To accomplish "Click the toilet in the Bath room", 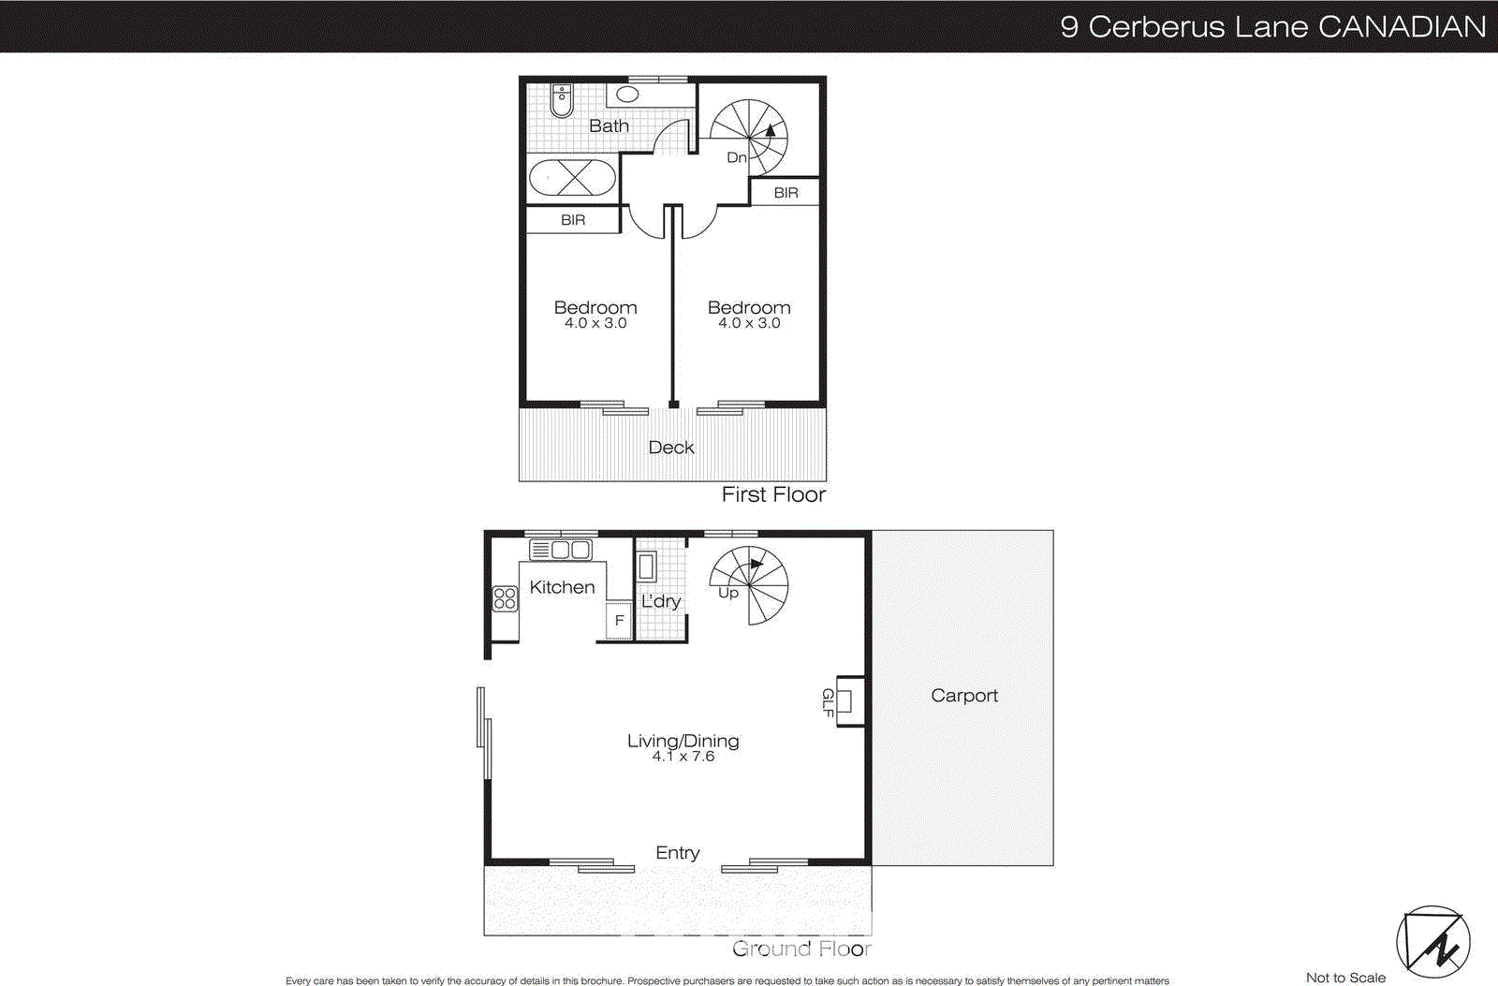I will pos(561,100).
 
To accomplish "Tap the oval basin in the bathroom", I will pos(627,94).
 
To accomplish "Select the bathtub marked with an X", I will pos(572,177).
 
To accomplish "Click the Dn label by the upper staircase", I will pos(737,157).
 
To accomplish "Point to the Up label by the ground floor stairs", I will pos(728,593).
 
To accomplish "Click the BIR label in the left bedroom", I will pos(573,220).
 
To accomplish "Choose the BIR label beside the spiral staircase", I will pos(786,193).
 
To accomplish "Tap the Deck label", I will pos(671,448).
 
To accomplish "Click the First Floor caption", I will pos(773,494).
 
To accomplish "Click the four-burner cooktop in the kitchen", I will pos(505,598).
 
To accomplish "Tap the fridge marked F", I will pos(619,620).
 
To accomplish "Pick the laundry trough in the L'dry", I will pos(646,567).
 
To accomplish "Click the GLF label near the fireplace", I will pos(828,702).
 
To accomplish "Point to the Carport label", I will pos(964,696).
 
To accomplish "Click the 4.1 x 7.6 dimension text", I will pos(683,757).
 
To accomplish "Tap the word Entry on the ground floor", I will pos(678,853).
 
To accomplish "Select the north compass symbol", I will pos(1432,942).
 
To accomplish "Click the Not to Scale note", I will pos(1345,978).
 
